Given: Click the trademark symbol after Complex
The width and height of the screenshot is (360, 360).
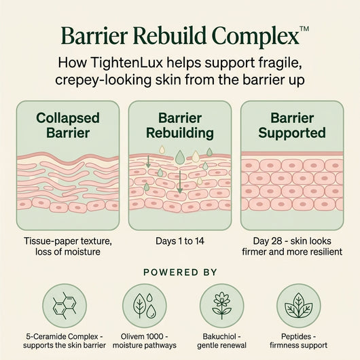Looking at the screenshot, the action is pos(304,29).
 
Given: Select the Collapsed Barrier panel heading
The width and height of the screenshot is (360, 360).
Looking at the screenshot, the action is pos(68,126).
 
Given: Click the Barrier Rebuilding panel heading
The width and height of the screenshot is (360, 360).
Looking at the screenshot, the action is pos(180,126).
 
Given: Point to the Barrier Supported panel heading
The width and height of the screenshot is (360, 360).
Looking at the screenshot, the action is pos(292,126).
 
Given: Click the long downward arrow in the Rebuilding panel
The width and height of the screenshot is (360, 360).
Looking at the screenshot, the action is pos(180,182).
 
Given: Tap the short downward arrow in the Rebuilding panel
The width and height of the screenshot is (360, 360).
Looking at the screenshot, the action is pos(148,162).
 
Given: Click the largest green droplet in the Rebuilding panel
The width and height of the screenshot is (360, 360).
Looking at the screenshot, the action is pos(180,157).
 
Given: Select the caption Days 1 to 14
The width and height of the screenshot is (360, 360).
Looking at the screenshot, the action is pos(180,241).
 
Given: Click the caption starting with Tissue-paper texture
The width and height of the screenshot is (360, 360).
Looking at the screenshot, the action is pos(68,247).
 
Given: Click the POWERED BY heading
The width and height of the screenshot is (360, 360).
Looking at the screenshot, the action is pos(180,272).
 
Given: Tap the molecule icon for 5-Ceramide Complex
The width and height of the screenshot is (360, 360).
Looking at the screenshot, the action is pos(65,306).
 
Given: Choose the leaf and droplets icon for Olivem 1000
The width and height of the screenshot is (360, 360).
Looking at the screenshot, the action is pos(145,306).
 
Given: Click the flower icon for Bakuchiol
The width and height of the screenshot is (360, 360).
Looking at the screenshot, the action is pos(221,306).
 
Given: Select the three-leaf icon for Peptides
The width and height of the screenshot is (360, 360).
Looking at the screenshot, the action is pos(298,306).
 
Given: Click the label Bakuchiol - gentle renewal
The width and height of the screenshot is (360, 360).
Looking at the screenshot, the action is pos(221,341).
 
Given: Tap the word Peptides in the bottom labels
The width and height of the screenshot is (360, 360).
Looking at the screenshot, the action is pos(296,337).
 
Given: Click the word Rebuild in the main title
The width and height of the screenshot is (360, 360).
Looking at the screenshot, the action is pos(169,36).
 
